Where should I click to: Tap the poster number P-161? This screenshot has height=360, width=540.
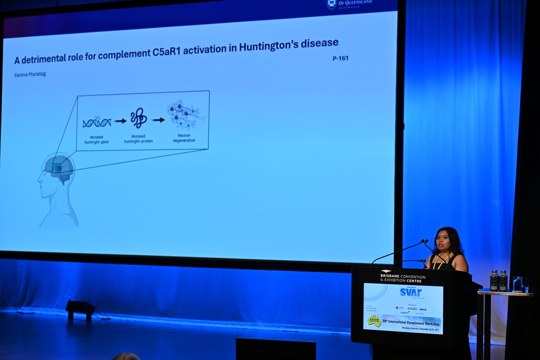[x=341, y=58]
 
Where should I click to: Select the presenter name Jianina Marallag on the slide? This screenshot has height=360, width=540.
[x=30, y=74]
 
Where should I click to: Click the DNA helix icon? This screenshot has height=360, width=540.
[x=96, y=122]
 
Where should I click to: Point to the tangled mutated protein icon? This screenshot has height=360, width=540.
[x=139, y=118]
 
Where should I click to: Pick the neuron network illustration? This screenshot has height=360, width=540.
[x=185, y=115]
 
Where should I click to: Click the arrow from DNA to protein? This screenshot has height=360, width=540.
[x=120, y=121]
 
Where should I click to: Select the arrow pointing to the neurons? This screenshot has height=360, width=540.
[x=158, y=120]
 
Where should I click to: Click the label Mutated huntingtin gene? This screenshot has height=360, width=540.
[x=97, y=139]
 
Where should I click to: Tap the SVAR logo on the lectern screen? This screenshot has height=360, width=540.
[x=410, y=292]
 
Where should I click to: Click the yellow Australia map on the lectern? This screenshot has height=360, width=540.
[x=374, y=321]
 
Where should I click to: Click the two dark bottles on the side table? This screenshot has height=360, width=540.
[x=499, y=281]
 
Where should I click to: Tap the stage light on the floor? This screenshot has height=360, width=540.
[x=80, y=309]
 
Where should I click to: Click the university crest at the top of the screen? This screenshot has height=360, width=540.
[x=332, y=4]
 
